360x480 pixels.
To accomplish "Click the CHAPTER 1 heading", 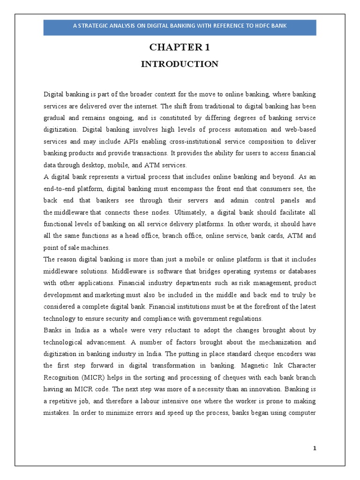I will pyautogui.click(x=180, y=47).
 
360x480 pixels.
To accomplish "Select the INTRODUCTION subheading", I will pyautogui.click(x=180, y=64).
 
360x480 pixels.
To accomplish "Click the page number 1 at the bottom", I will pyautogui.click(x=315, y=449).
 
